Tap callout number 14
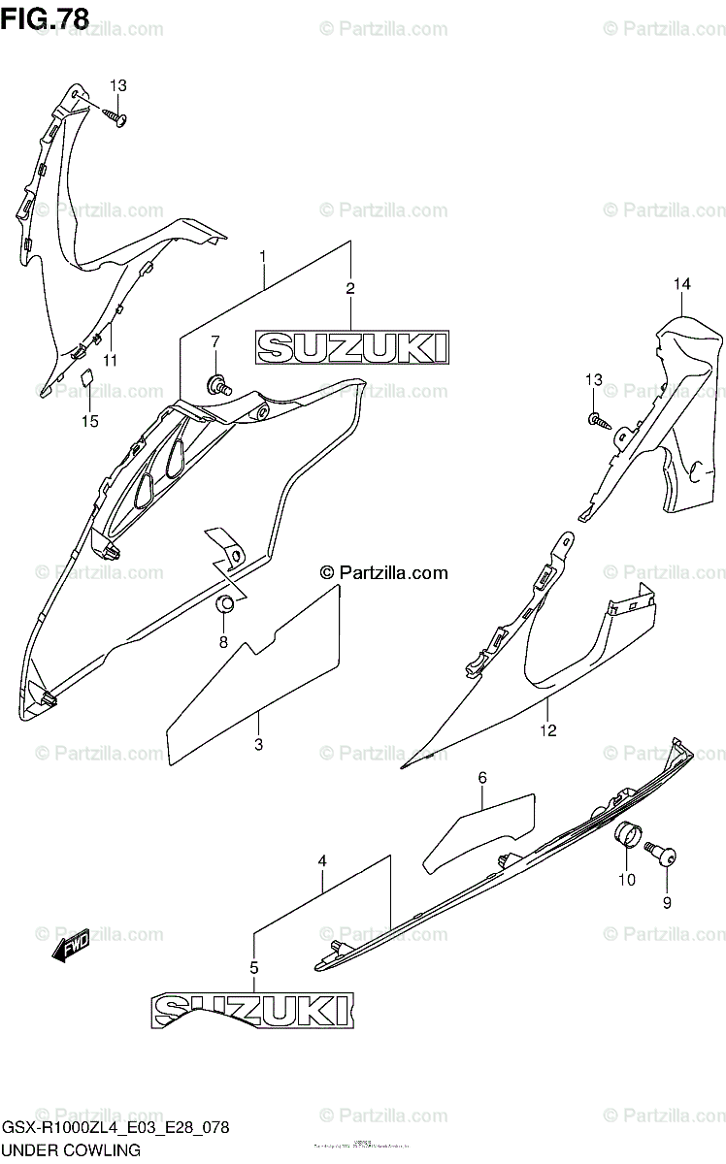682,283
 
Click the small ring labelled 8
224,606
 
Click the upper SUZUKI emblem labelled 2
351,347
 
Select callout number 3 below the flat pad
259,745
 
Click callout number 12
548,729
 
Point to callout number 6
481,777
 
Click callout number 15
90,421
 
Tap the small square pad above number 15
85,377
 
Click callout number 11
110,360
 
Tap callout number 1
262,256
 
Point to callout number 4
322,859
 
